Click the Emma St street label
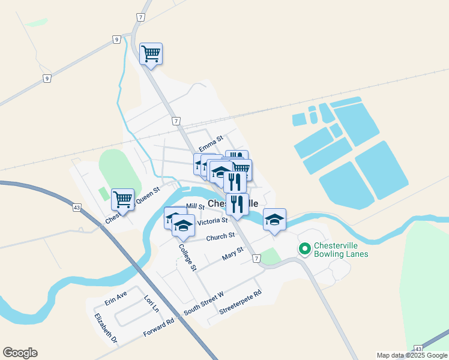point(211,145)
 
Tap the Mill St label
point(196,206)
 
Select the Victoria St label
point(212,221)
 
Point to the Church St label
point(220,237)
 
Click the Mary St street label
point(232,254)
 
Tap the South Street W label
point(203,301)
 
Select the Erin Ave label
point(116,297)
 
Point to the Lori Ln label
point(151,303)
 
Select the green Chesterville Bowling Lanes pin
point(304,248)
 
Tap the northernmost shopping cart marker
point(151,53)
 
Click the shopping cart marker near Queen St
point(123,198)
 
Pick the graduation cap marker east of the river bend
point(274,219)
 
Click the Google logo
point(20,353)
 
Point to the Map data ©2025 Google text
point(411,355)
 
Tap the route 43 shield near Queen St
point(77,208)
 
